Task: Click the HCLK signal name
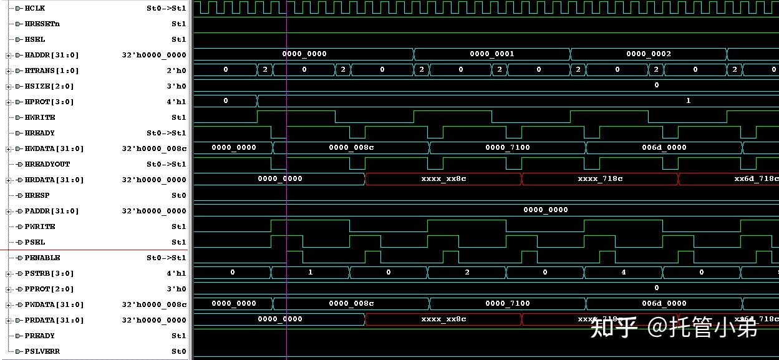34,8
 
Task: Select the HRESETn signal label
42,24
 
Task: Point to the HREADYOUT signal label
47,164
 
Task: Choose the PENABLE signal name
42,258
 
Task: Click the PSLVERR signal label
42,351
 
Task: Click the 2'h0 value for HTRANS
178,71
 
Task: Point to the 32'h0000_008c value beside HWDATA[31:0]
154,148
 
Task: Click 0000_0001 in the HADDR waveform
491,54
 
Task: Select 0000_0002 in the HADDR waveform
648,54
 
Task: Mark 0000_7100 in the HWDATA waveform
507,147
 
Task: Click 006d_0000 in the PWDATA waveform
664,303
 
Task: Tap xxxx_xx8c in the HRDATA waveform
443,178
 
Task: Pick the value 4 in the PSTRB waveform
623,272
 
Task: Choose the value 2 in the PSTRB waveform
467,272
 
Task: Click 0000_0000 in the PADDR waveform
545,210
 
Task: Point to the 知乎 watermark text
613,326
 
